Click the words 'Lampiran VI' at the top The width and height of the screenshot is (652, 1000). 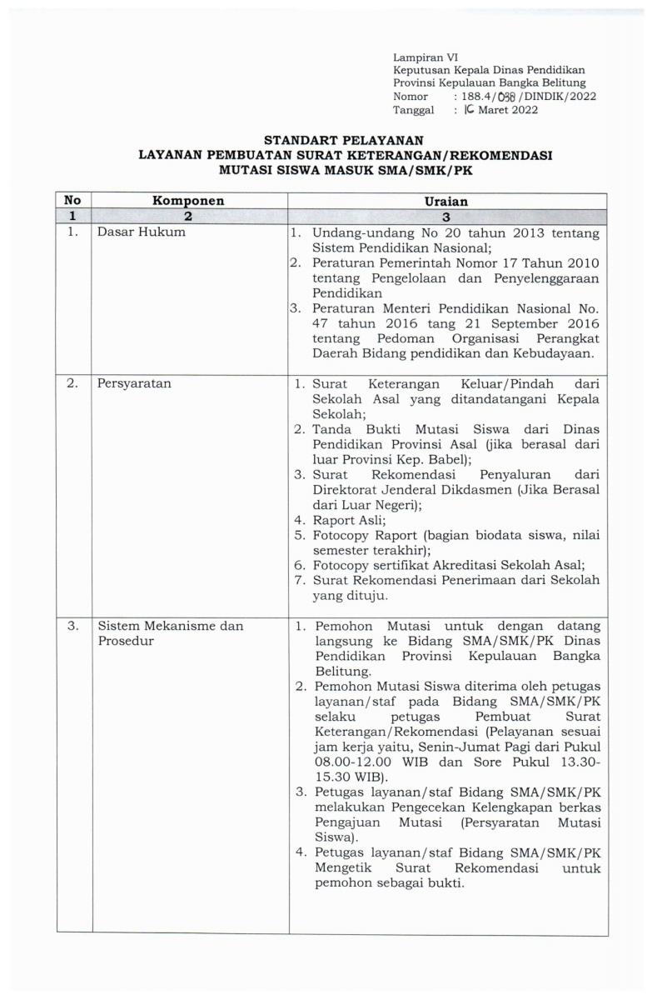421,57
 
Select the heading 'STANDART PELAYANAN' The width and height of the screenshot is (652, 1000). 344,140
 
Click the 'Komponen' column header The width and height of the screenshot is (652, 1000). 188,201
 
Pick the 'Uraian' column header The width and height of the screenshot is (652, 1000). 447,201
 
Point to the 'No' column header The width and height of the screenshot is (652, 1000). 73,201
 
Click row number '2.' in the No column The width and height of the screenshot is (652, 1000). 73,386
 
